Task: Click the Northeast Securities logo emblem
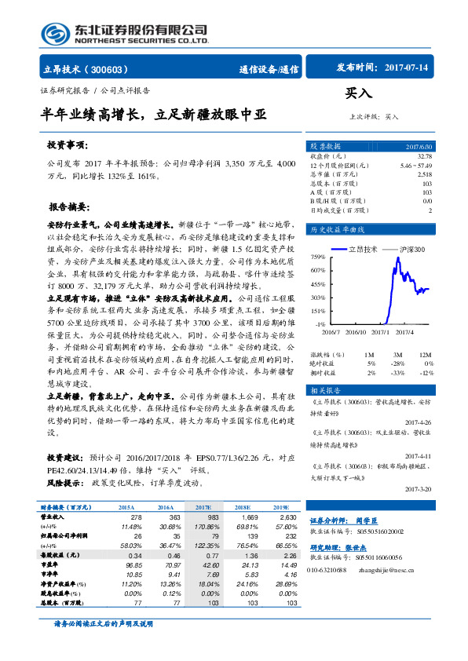point(53,34)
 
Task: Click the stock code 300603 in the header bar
point(115,69)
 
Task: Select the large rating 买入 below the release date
point(358,93)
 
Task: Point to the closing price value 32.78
point(425,157)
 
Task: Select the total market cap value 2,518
point(424,174)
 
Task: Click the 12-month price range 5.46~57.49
point(415,166)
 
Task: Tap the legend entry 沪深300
point(408,249)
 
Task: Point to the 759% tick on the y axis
point(317,257)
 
